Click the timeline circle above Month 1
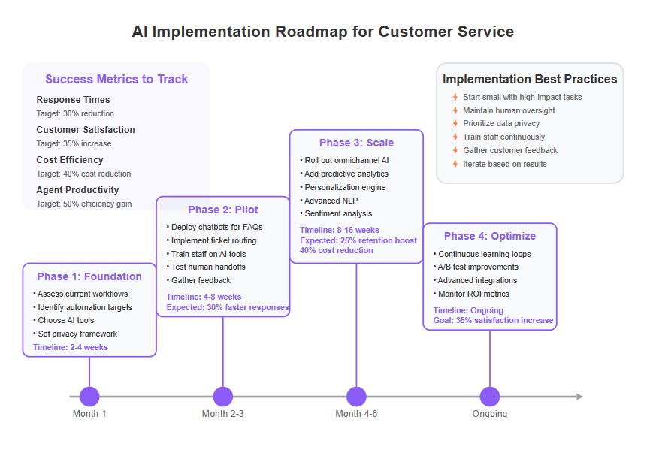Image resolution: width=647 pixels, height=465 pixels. pos(89,397)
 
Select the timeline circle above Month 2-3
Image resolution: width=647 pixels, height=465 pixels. pos(223,397)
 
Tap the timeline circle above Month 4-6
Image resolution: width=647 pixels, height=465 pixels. pos(356,397)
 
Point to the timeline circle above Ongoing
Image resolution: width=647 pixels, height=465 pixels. pos(490,397)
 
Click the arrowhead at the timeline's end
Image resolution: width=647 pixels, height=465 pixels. pos(579,397)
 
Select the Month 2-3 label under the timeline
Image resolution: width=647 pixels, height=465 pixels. pos(223,413)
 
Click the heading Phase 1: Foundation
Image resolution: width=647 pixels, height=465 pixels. pos(89,276)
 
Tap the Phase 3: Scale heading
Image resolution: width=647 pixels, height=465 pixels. pos(356,143)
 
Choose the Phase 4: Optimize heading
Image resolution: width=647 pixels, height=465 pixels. pos(490,236)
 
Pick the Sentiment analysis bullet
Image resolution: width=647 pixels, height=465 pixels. pos(336,213)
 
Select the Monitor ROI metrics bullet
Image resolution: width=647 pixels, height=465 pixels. pos(471,294)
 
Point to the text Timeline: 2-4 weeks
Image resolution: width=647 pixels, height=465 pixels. pos(71,347)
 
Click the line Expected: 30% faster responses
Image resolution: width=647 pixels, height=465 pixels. pos(228,307)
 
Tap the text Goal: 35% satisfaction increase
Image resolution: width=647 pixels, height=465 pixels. pos(493,320)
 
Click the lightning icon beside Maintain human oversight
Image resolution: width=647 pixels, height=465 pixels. pos(455,110)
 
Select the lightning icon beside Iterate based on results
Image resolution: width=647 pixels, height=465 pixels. pos(455,164)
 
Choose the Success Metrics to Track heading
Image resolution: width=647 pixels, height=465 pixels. pos(116,79)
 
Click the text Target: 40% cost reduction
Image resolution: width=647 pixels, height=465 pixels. pos(83,174)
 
